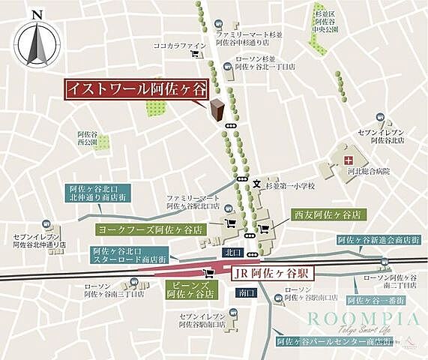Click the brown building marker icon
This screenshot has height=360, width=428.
[x=218, y=111]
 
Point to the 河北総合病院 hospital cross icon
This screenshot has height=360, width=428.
[x=348, y=160]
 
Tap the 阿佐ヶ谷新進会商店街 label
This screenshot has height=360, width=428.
[x=378, y=241]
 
